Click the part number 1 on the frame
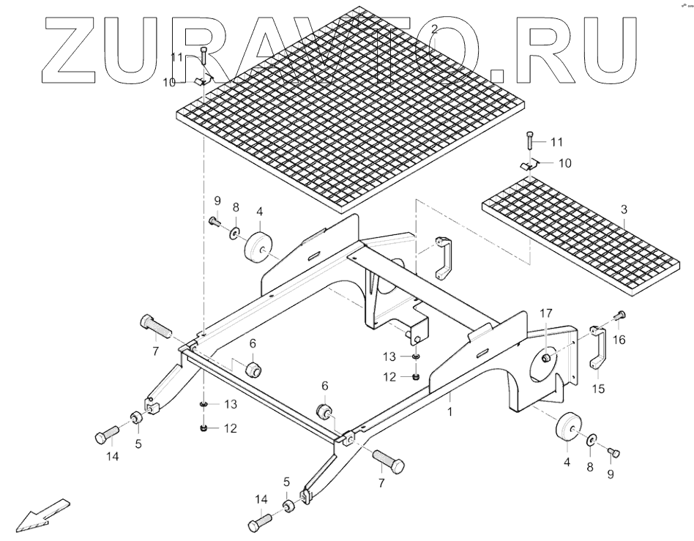449,412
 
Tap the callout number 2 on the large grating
435,30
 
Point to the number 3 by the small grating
624,209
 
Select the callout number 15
599,389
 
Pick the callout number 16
620,340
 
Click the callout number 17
546,313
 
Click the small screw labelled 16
619,316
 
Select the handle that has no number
442,258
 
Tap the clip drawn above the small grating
530,167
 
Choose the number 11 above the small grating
556,141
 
